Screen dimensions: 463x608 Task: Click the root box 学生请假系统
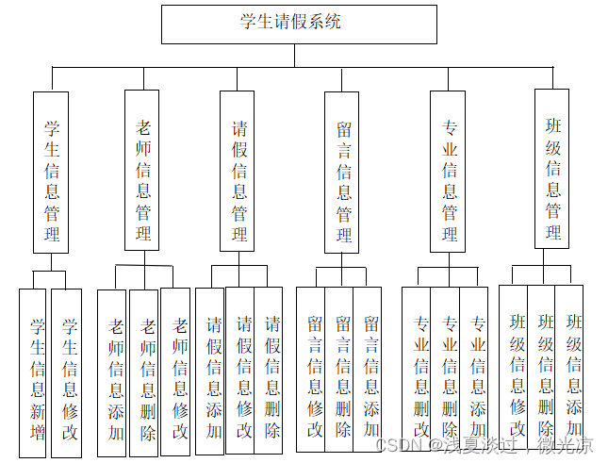click(299, 25)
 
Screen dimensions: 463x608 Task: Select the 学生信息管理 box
click(51, 172)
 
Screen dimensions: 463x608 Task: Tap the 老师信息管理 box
click(143, 170)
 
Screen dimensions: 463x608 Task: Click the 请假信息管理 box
click(239, 171)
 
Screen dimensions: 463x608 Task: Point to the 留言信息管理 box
click(343, 173)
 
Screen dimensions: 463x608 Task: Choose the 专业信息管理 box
click(449, 173)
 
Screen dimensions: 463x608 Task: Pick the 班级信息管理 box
click(552, 169)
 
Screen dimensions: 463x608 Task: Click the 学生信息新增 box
click(35, 372)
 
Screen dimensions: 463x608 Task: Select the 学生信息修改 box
click(68, 372)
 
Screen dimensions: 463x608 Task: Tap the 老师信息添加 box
click(114, 372)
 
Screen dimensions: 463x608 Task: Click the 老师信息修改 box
click(176, 372)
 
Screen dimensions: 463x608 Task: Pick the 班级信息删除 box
click(543, 368)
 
